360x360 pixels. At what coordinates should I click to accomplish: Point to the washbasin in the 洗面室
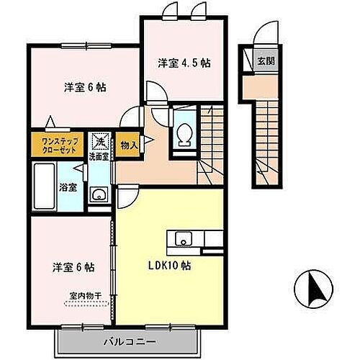tap(98, 196)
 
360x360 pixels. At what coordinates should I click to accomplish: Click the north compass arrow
tap(314, 288)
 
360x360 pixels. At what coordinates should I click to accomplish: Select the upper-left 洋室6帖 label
tap(85, 88)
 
